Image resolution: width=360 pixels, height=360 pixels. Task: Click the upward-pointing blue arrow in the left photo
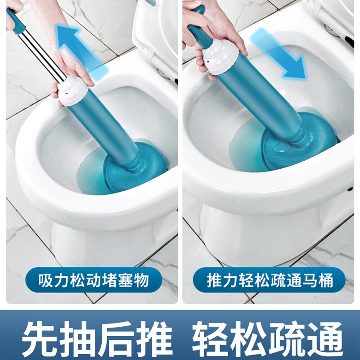point(81,52)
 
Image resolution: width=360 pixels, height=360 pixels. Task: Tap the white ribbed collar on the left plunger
point(72,91)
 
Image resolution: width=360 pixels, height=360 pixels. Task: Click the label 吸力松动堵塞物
point(94,280)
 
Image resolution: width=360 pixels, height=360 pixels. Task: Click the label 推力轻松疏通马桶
point(270,280)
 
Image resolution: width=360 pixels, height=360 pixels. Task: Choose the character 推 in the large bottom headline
point(156,338)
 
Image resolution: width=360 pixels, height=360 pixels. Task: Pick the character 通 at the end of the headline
point(324,338)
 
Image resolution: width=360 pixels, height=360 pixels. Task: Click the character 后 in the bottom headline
point(117,338)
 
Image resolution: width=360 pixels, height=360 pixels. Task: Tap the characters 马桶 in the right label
point(318,280)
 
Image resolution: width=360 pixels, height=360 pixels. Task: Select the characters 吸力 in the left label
point(53,280)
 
